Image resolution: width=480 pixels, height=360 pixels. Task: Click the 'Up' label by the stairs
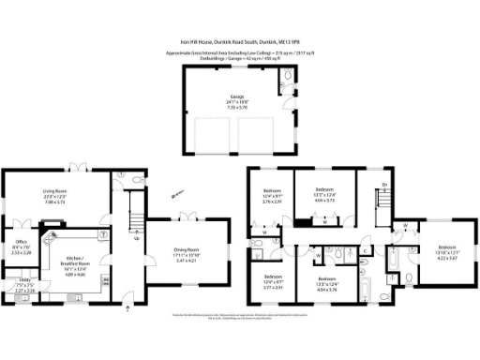point(139,237)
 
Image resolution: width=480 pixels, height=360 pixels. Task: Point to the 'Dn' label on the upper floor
point(383,186)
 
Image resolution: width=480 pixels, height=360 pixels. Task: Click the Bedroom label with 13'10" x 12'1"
point(440,226)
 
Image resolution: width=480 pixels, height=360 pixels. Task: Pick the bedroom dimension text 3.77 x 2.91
point(273,287)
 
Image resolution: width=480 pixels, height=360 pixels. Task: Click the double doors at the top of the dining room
point(187,217)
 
